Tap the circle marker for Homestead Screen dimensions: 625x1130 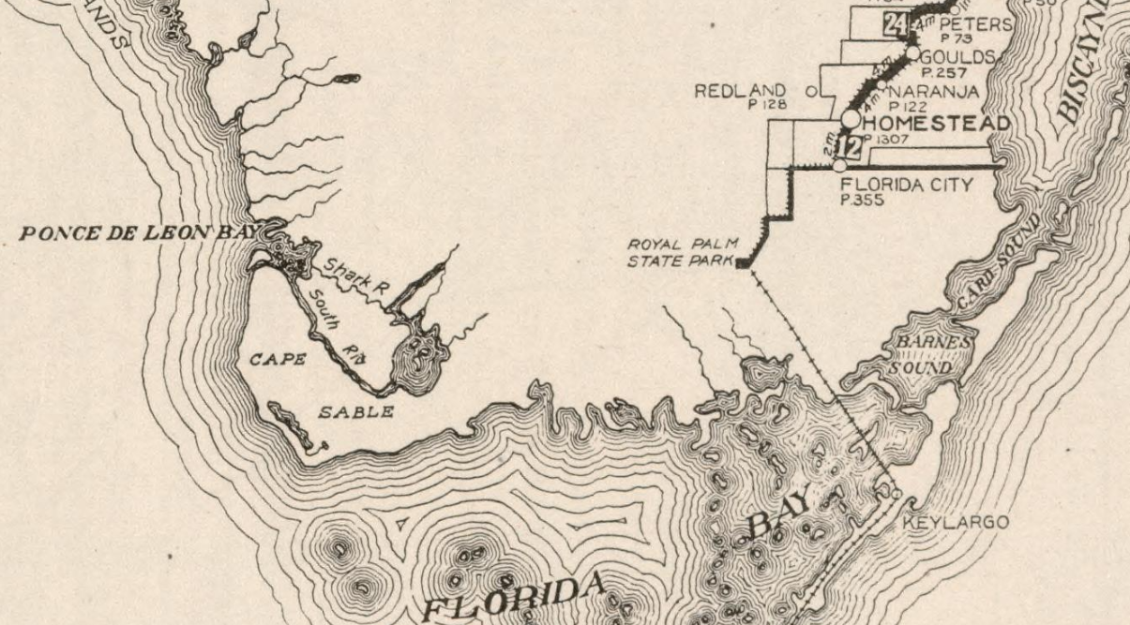[851, 119]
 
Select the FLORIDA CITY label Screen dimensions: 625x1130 [907, 185]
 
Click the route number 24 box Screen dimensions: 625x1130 [895, 25]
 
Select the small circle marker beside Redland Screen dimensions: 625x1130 [812, 91]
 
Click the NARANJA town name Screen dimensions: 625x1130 [932, 91]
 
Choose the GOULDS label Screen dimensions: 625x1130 [957, 56]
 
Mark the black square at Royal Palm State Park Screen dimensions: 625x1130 [743, 264]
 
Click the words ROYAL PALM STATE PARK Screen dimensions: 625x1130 [683, 252]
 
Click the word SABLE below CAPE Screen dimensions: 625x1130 [355, 412]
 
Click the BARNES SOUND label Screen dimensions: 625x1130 [926, 355]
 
